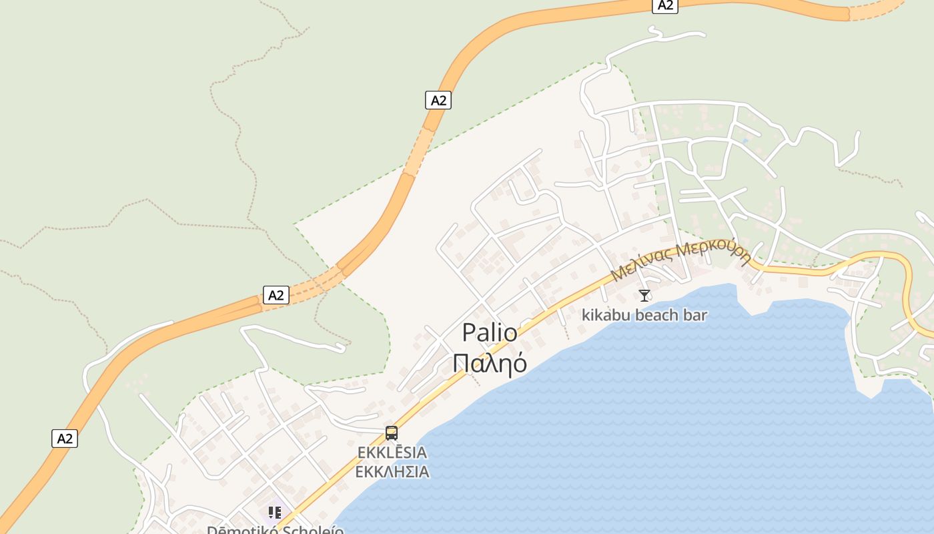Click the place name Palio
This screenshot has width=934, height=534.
pyautogui.click(x=490, y=332)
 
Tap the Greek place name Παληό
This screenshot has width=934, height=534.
pyautogui.click(x=490, y=363)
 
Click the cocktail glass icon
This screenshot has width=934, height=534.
pyautogui.click(x=644, y=295)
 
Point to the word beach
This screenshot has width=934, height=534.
pyautogui.click(x=654, y=315)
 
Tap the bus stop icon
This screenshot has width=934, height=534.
pyautogui.click(x=392, y=433)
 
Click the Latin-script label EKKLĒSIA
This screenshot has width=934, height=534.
pyautogui.click(x=392, y=453)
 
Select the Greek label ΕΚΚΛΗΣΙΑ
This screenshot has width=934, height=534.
pyautogui.click(x=392, y=472)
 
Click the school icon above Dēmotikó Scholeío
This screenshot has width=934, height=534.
pyautogui.click(x=274, y=513)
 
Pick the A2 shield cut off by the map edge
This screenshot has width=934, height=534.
pyautogui.click(x=664, y=5)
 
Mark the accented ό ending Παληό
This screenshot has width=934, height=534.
pyautogui.click(x=518, y=363)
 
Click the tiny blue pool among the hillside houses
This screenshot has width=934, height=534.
pyautogui.click(x=745, y=142)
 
